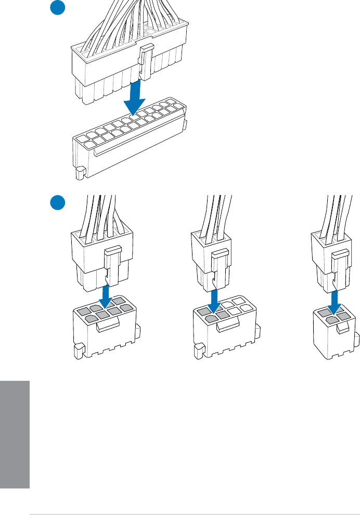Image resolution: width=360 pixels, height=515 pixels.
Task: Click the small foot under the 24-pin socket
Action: click(x=80, y=173)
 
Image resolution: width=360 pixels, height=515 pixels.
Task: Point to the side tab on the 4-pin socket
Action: click(x=356, y=341)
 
